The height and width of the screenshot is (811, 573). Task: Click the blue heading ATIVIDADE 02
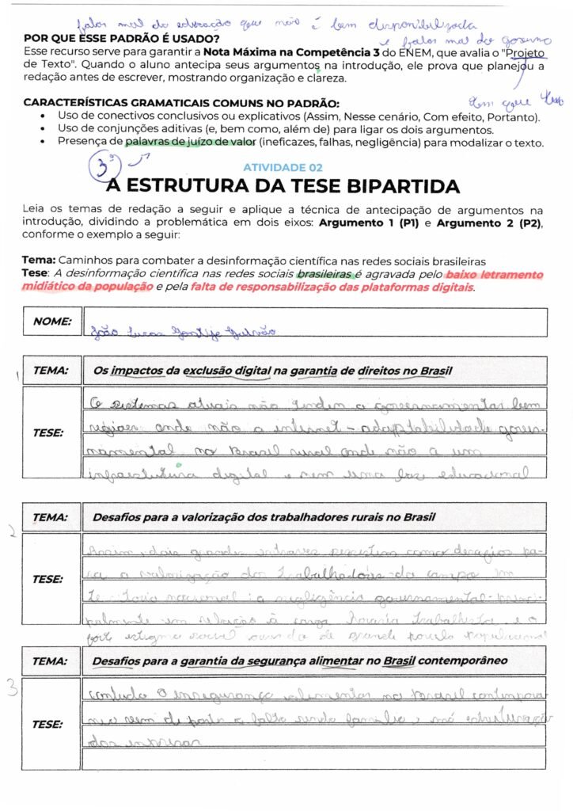pyautogui.click(x=282, y=168)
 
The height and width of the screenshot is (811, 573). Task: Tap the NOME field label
pyautogui.click(x=52, y=322)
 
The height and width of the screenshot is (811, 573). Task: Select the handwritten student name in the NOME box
pyautogui.click(x=183, y=331)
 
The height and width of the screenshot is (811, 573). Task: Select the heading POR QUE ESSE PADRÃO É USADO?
pyautogui.click(x=123, y=39)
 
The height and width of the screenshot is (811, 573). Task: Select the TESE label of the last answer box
pyautogui.click(x=47, y=724)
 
